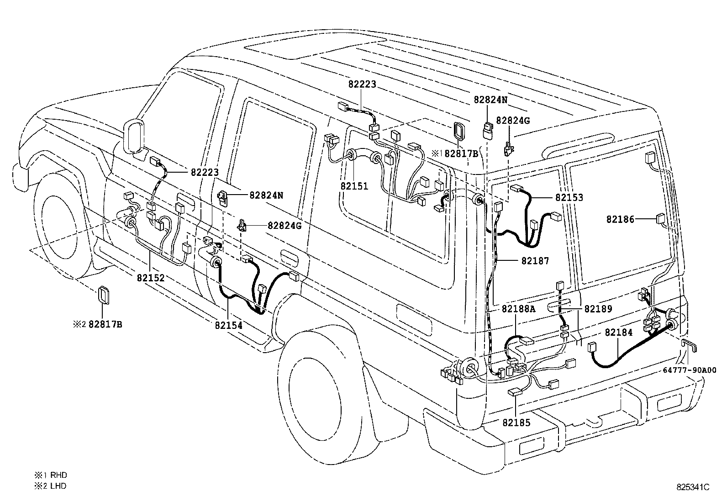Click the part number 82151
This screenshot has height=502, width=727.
(x=354, y=186)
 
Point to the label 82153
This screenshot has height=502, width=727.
(x=569, y=198)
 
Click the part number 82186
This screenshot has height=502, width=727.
(x=620, y=219)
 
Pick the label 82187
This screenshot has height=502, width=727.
(x=535, y=261)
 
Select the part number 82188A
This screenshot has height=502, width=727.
(x=518, y=309)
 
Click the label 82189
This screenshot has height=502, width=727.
(x=598, y=309)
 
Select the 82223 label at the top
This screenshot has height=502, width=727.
(x=362, y=84)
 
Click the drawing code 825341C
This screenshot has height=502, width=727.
(x=693, y=487)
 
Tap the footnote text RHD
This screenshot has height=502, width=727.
(x=58, y=475)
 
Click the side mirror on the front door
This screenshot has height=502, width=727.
(x=133, y=135)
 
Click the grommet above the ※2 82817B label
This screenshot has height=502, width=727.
(x=104, y=295)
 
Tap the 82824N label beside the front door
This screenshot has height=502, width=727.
(x=266, y=195)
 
